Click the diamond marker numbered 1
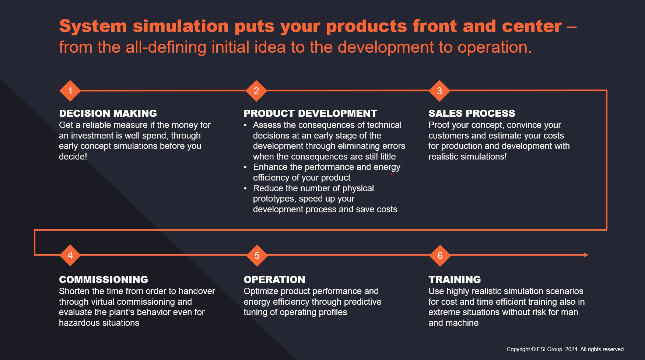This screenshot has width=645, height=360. click(x=70, y=91)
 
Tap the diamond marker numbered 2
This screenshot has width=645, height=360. click(x=256, y=91)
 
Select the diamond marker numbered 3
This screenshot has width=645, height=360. click(x=439, y=91)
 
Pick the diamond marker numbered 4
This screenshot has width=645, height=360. click(x=70, y=255)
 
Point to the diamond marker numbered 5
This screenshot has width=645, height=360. click(x=257, y=255)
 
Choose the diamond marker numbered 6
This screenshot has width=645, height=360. click(x=440, y=255)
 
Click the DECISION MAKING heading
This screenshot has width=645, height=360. click(x=108, y=113)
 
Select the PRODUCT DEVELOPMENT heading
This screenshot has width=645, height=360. click(x=311, y=113)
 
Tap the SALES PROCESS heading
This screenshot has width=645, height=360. click(x=472, y=113)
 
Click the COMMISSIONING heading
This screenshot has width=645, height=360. click(x=104, y=280)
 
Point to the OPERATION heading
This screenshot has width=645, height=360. click(x=274, y=280)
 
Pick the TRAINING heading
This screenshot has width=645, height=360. click(x=455, y=280)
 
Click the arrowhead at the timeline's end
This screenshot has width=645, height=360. click(x=586, y=255)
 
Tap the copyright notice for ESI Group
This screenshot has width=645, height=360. click(x=565, y=349)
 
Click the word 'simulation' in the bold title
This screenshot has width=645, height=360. click(x=180, y=27)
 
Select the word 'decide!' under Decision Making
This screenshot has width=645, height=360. click(x=73, y=157)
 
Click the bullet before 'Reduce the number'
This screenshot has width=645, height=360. click(x=245, y=189)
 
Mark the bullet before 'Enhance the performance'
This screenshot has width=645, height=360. click(x=245, y=167)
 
